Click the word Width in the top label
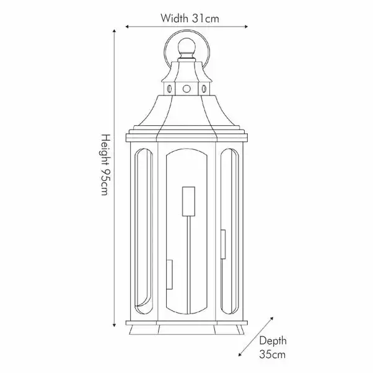[175, 18]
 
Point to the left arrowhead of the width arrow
[128, 27]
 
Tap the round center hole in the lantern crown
[186, 89]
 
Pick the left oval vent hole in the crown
[168, 89]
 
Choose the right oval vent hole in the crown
[204, 89]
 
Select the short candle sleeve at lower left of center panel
[169, 274]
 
